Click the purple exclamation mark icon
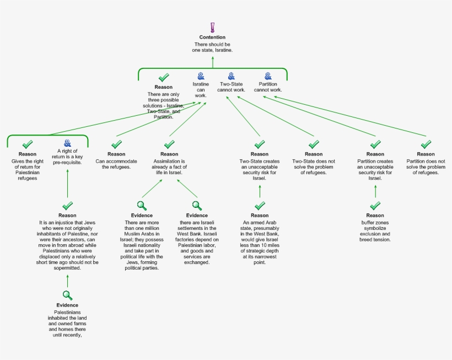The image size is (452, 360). (213, 28)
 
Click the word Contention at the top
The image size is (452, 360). (212, 37)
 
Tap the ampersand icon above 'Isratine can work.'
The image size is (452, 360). (201, 76)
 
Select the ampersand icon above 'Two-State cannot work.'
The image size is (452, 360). (231, 76)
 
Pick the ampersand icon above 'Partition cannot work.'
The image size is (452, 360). (268, 76)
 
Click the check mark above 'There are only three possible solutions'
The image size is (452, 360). (164, 78)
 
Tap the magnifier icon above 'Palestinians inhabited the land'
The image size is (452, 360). (67, 295)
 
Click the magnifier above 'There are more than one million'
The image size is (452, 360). (142, 206)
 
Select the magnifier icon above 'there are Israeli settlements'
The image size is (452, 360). (197, 206)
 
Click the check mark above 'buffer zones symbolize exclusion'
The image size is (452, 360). (375, 206)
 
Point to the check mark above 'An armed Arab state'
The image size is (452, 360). (260, 206)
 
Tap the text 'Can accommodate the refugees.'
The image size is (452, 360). (116, 164)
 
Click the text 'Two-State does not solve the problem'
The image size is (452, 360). (314, 164)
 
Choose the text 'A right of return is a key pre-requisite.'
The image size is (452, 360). (67, 157)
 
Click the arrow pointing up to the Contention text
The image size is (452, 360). (213, 62)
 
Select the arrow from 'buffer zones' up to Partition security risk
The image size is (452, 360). (375, 191)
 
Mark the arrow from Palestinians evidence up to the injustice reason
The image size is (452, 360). (67, 281)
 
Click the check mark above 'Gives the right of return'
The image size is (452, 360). (28, 144)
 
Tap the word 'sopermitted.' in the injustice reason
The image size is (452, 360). (67, 268)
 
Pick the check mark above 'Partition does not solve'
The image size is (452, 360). (426, 144)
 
